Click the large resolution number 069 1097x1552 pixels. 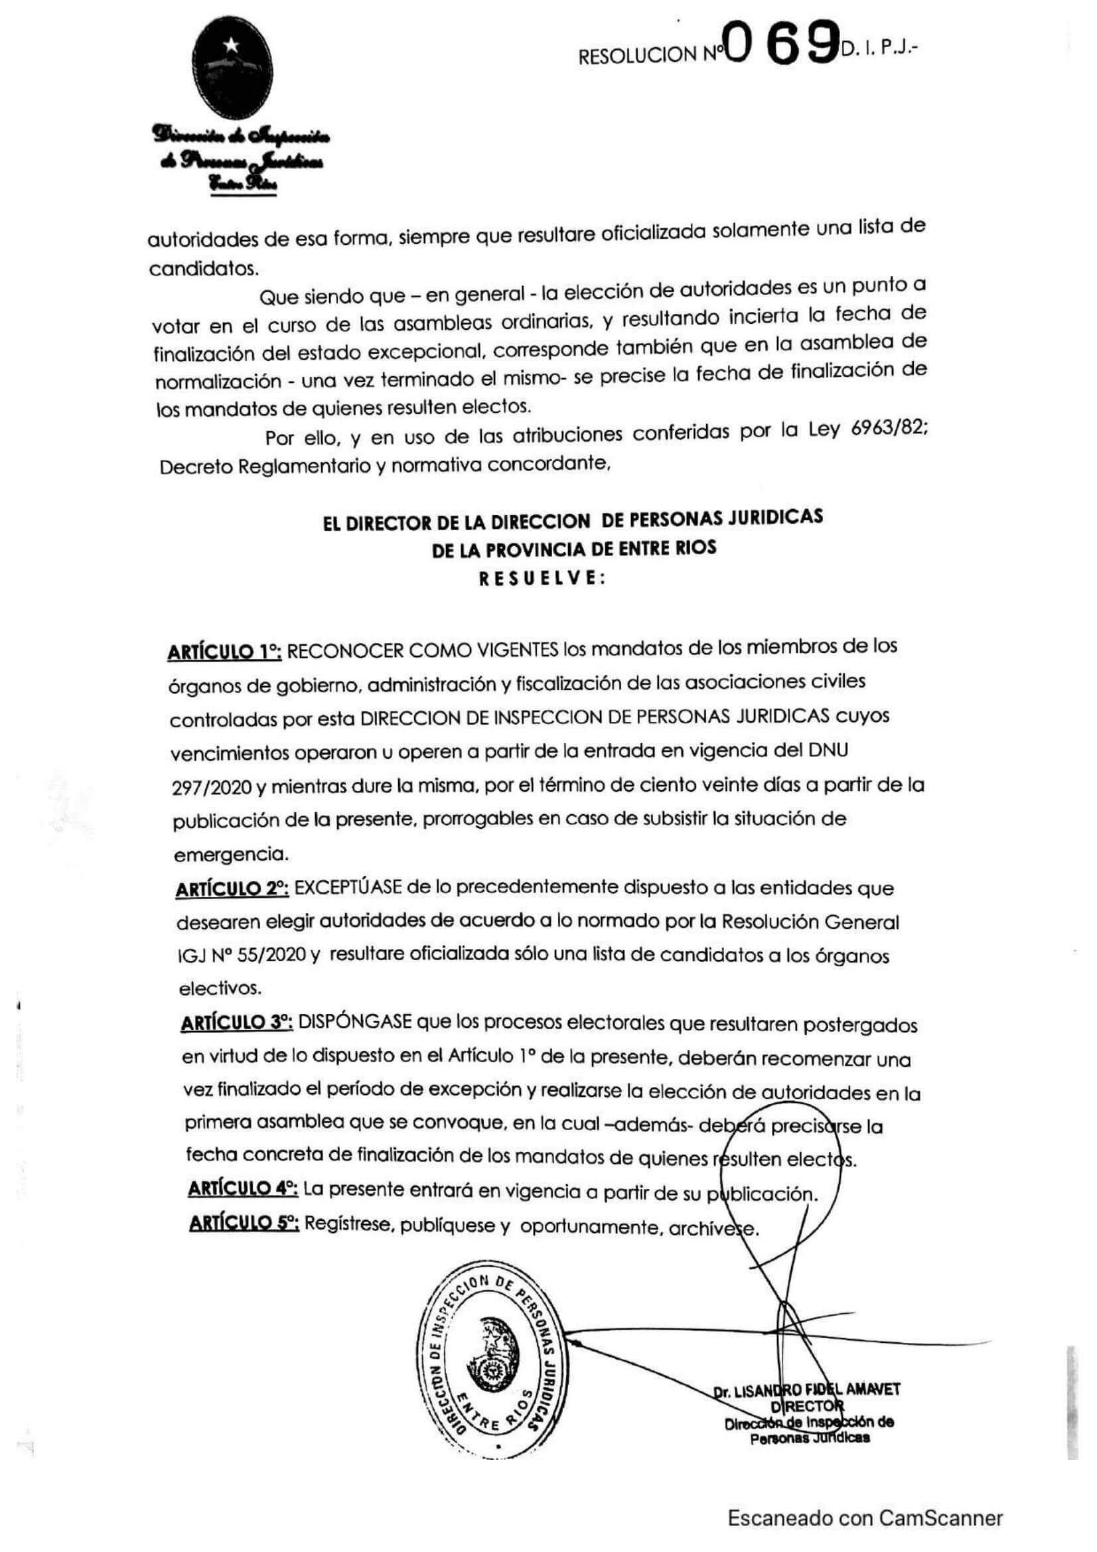click(x=782, y=43)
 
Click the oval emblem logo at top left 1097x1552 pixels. click(x=232, y=74)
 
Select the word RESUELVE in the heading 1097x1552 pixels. click(x=542, y=579)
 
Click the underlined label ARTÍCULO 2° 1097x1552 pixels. click(x=232, y=890)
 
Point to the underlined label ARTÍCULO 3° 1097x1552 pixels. click(x=236, y=1023)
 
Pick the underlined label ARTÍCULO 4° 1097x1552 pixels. click(x=243, y=1188)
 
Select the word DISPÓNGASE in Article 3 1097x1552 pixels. click(x=354, y=1022)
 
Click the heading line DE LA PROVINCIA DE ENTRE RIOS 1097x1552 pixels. click(x=573, y=549)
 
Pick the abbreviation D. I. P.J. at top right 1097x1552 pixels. click(x=881, y=48)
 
